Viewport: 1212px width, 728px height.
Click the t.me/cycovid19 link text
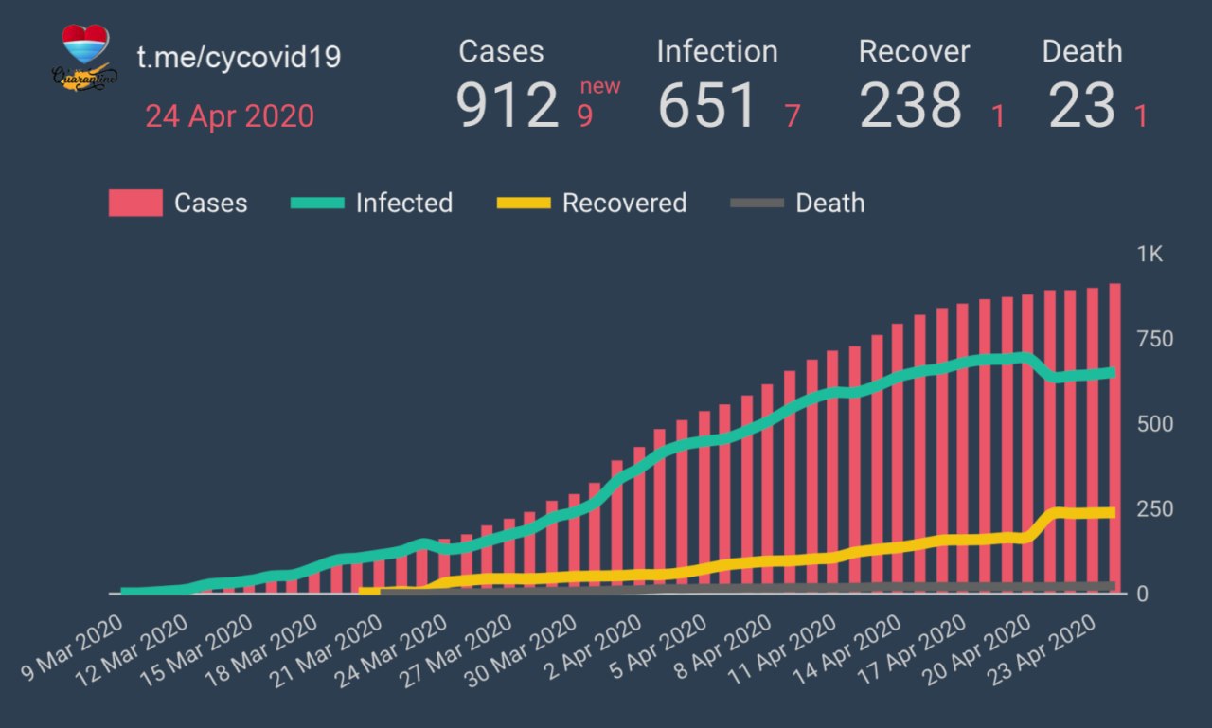[x=239, y=58]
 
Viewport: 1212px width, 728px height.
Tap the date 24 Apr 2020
[x=229, y=116]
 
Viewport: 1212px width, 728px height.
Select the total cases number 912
[x=508, y=105]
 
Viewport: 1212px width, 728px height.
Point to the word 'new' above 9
[x=600, y=87]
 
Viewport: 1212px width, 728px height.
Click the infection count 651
[x=707, y=105]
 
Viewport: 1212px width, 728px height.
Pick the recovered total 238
[x=910, y=105]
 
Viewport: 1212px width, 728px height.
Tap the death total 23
[x=1082, y=105]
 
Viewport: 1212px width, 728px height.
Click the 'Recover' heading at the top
[x=914, y=52]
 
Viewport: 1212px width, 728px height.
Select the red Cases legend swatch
[x=135, y=203]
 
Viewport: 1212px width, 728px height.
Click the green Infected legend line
[x=317, y=203]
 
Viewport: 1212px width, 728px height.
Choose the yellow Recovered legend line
[x=524, y=203]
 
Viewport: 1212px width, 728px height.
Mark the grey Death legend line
[x=757, y=203]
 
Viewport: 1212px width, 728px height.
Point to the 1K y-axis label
[x=1150, y=255]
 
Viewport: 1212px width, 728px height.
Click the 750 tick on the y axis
[x=1154, y=339]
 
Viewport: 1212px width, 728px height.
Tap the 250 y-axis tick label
[x=1154, y=508]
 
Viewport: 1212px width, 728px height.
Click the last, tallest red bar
[x=1114, y=435]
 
